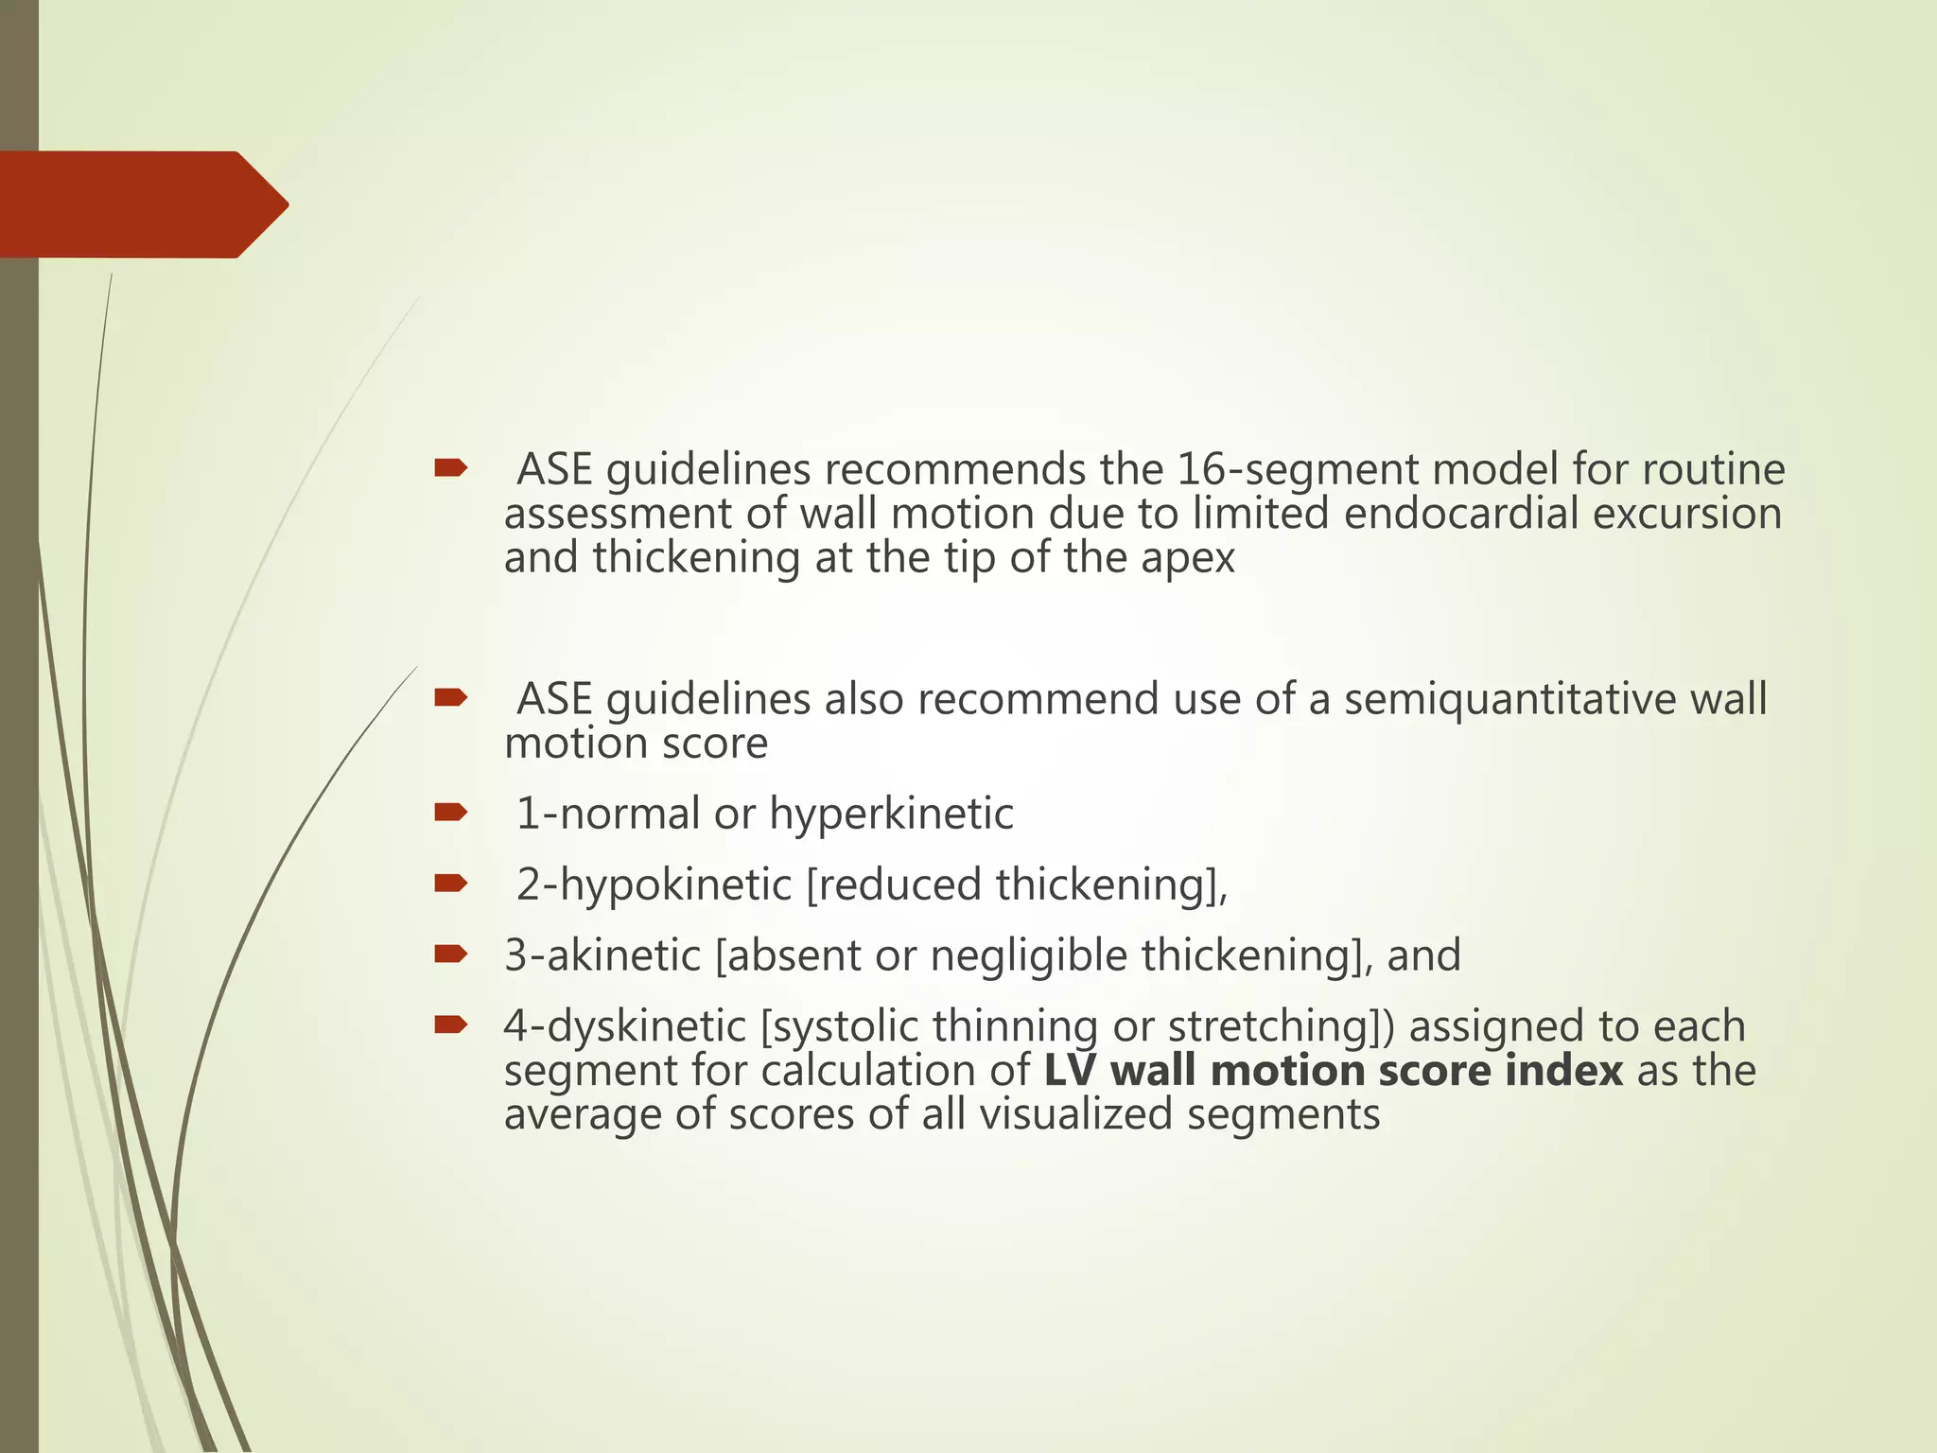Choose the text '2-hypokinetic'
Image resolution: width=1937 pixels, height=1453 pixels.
654,884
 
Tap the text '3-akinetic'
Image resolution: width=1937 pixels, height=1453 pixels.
602,955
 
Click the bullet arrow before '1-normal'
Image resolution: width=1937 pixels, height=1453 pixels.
450,812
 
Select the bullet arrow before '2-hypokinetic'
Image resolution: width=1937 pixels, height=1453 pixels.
450,883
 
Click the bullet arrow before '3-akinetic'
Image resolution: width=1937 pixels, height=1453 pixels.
450,954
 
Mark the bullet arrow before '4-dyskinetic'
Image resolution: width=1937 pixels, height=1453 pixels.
450,1024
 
